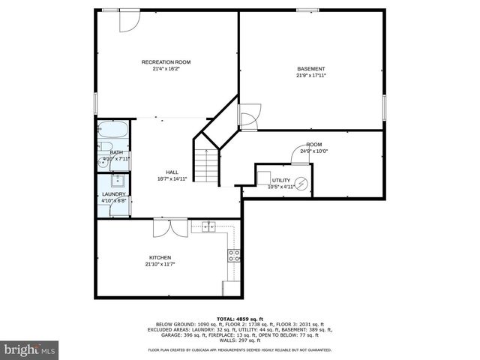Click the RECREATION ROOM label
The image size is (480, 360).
pyautogui.click(x=166, y=61)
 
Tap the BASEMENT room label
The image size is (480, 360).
pyautogui.click(x=311, y=69)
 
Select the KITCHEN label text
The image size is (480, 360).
pyautogui.click(x=160, y=257)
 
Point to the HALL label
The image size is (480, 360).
pyautogui.click(x=172, y=172)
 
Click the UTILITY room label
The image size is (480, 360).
pyautogui.click(x=280, y=180)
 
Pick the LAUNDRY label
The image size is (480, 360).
pyautogui.click(x=114, y=194)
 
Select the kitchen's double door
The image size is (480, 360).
pyautogui.click(x=165, y=226)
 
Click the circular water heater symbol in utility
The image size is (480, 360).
pyautogui.click(x=301, y=183)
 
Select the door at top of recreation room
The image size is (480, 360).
pyautogui.click(x=129, y=19)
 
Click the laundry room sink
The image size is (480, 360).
pyautogui.click(x=118, y=180)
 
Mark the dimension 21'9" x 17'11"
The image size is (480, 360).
pyautogui.click(x=311, y=76)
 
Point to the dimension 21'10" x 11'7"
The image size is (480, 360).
pyautogui.click(x=160, y=264)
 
